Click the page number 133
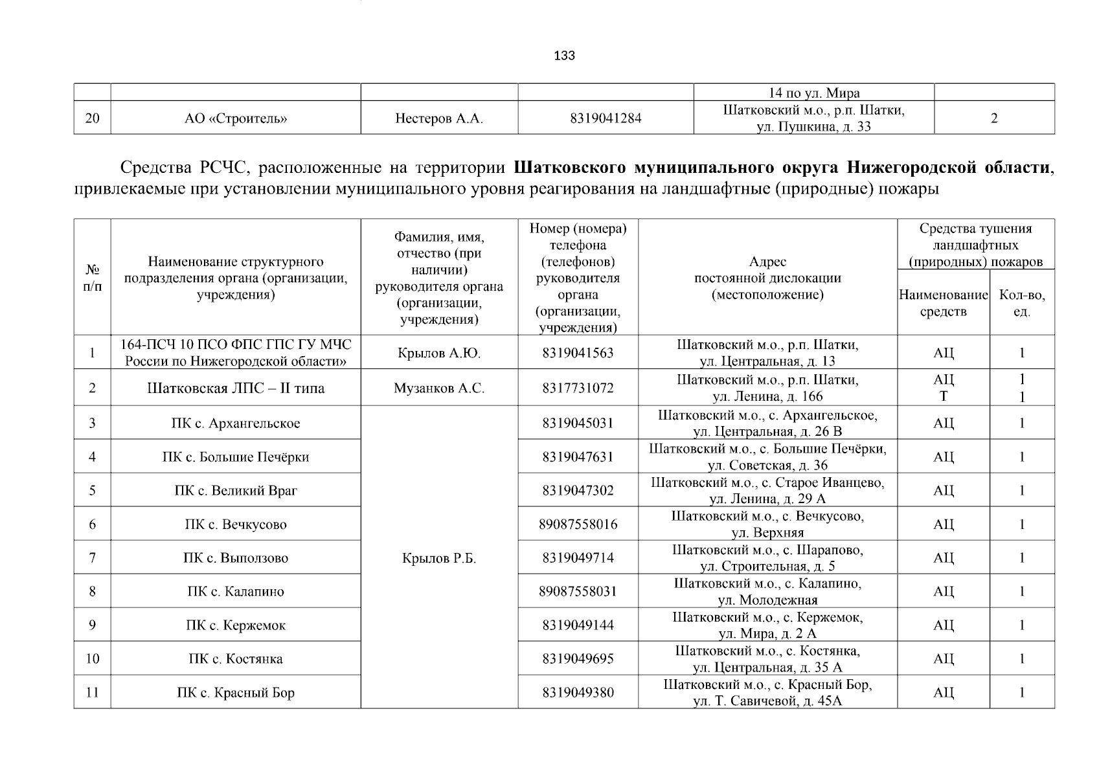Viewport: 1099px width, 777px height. (x=564, y=56)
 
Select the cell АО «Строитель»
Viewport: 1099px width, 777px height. (x=236, y=118)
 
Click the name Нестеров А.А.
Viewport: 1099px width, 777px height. (x=439, y=118)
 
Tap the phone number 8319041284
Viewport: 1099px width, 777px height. (x=606, y=118)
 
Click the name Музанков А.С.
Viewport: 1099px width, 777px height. (x=439, y=388)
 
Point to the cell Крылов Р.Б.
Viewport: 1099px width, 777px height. (x=439, y=558)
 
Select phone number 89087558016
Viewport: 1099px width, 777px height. (x=578, y=524)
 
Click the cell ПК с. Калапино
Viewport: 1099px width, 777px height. (x=236, y=592)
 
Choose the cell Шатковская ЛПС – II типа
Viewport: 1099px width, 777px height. (x=236, y=388)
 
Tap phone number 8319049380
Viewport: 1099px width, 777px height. (x=578, y=693)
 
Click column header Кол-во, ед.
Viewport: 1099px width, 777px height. (x=1022, y=303)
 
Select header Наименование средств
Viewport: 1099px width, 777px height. (x=943, y=303)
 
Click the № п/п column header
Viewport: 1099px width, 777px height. (x=92, y=278)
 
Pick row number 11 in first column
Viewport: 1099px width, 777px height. (x=92, y=693)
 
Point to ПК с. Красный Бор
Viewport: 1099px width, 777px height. (x=236, y=693)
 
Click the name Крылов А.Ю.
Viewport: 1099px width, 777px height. (x=439, y=354)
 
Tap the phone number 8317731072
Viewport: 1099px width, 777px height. (x=578, y=388)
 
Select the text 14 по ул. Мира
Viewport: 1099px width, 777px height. (x=813, y=93)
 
